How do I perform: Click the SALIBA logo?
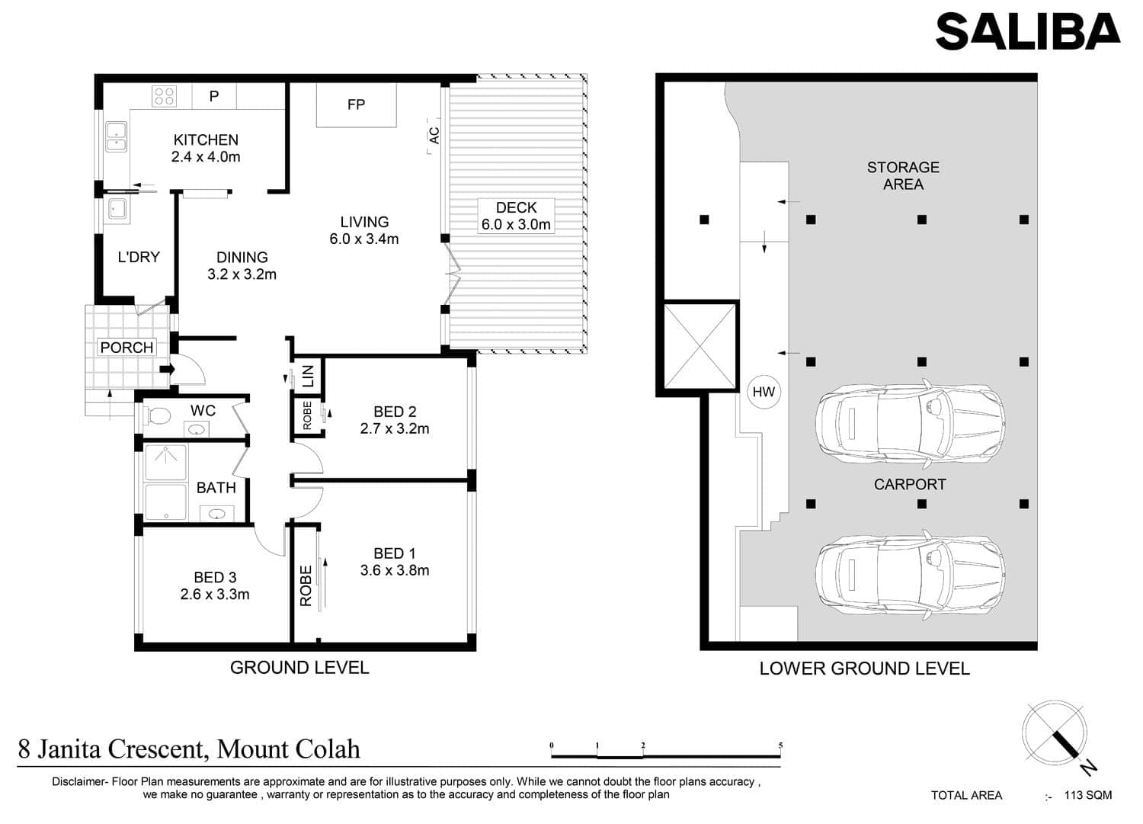(1028, 32)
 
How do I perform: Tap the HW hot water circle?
(764, 392)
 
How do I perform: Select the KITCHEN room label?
(206, 140)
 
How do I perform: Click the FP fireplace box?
(356, 104)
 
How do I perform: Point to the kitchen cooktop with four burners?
(165, 96)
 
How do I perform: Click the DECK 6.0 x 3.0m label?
(516, 216)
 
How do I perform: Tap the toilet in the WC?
(157, 416)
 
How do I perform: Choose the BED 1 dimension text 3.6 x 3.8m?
(395, 570)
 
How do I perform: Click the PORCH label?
(126, 348)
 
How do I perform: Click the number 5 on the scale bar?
(781, 745)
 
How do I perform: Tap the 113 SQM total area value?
(1088, 795)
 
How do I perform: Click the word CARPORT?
(910, 485)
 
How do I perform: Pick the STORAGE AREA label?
(903, 175)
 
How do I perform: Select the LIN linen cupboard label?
(308, 377)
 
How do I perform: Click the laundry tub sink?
(117, 209)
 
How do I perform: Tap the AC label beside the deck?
(434, 135)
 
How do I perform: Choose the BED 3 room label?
(215, 578)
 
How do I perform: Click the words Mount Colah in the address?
(288, 749)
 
